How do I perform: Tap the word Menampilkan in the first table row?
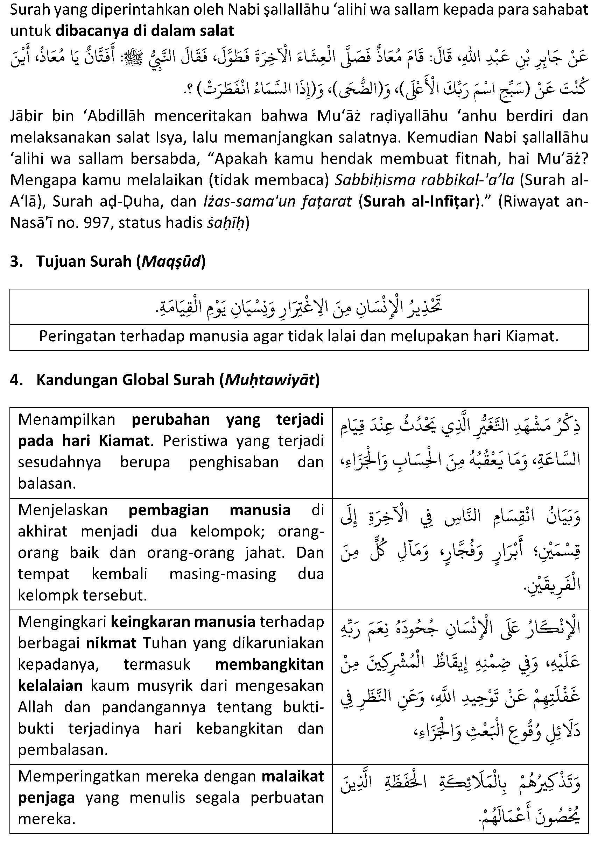pos(66,420)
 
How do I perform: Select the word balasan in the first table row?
pos(47,483)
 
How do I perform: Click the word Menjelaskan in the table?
pos(63,510)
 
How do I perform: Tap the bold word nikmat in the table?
pos(111,643)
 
